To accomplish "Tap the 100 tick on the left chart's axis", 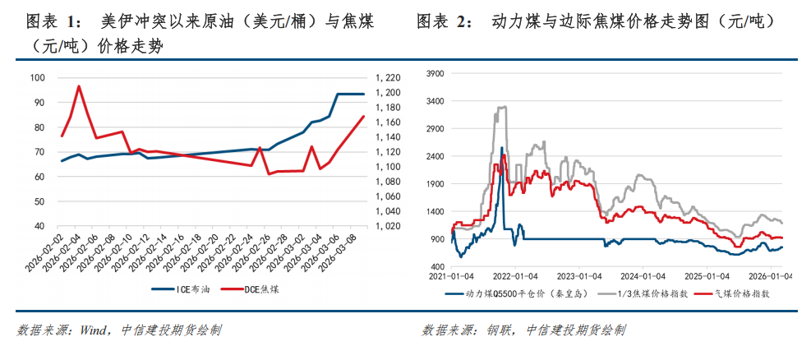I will pos(37,78).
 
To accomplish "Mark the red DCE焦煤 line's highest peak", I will pos(79,85).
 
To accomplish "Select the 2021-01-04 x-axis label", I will pos(449,276).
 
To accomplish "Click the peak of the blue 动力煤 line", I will pos(501,148).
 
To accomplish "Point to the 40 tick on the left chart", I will pos(39,226).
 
